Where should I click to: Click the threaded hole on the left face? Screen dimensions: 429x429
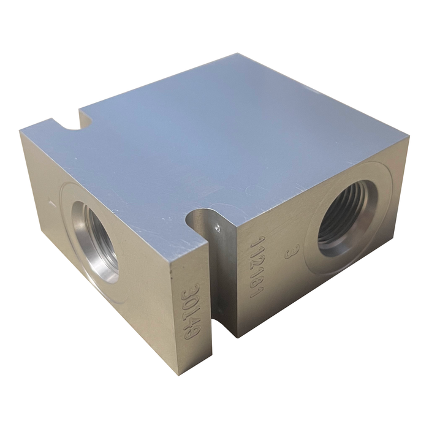point(98,242)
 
